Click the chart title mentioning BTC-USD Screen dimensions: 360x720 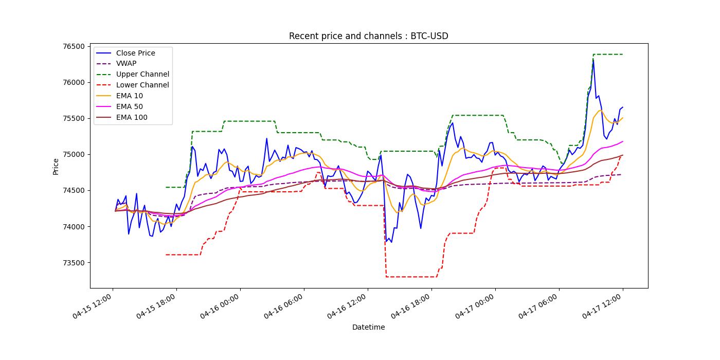tap(368, 36)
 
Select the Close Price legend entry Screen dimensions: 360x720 tap(135, 53)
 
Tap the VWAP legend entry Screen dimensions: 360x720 tap(126, 64)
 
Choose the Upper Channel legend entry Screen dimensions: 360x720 tap(142, 75)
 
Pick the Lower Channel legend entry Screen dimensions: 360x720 tap(142, 85)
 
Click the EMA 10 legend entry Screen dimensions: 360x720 tap(130, 96)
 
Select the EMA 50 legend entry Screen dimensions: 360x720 tap(130, 107)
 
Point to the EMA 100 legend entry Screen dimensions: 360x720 tap(132, 118)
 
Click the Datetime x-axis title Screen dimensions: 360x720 tap(368, 327)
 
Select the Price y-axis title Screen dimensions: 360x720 tap(56, 166)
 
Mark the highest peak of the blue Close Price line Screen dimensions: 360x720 tap(593, 60)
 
